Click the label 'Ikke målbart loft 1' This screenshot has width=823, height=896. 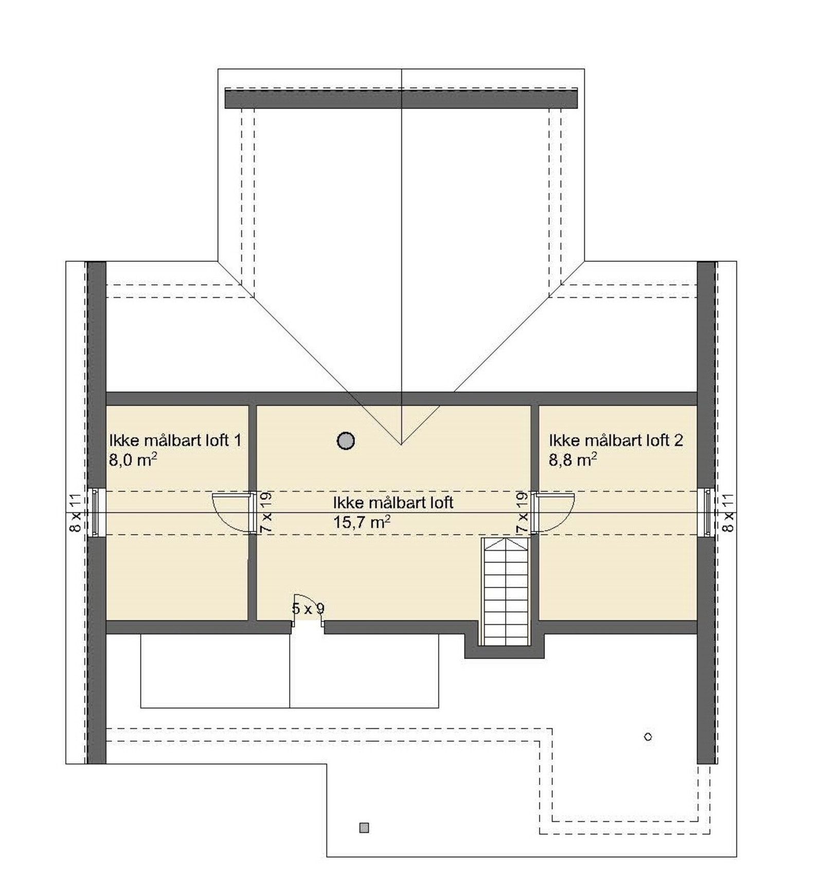(175, 440)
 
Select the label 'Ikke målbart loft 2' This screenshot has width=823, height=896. (616, 440)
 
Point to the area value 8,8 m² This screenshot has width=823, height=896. (572, 459)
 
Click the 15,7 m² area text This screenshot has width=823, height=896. (362, 523)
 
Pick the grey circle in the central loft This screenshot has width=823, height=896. (346, 440)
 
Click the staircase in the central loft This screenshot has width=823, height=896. (505, 592)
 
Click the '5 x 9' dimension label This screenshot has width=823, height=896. (308, 609)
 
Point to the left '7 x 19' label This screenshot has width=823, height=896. (266, 512)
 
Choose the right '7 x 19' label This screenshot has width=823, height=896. (522, 512)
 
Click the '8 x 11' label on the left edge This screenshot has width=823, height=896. (75, 513)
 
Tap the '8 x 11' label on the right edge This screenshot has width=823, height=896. (728, 513)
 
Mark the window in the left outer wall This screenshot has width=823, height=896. (95, 513)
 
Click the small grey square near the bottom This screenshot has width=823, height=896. (364, 828)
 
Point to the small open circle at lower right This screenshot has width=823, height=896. (648, 737)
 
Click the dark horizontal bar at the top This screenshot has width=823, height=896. (401, 98)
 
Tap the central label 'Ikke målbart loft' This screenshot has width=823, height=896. (393, 503)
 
